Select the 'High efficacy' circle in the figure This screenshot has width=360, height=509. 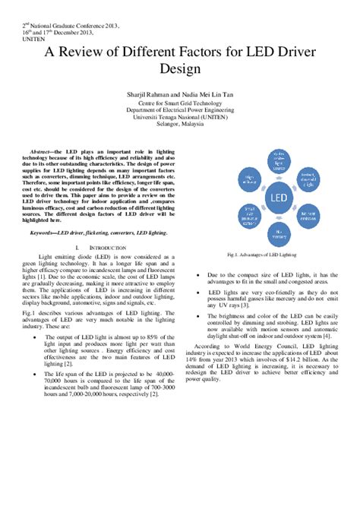point(246,180)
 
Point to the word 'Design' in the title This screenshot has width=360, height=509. point(180,69)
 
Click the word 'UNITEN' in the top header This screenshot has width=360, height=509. point(31,40)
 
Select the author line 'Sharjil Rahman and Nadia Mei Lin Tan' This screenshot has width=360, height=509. point(180,93)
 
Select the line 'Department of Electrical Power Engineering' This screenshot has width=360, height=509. point(180,109)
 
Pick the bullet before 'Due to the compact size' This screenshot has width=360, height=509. point(199,273)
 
